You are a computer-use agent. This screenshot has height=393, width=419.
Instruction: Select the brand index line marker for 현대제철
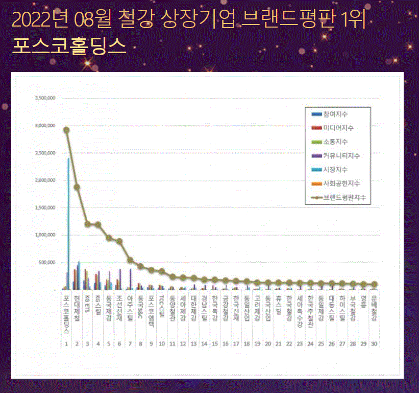pyautogui.click(x=77, y=187)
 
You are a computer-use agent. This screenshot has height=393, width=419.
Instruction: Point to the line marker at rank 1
pyautogui.click(x=66, y=130)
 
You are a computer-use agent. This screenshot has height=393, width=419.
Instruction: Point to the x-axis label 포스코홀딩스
pyautogui.click(x=66, y=314)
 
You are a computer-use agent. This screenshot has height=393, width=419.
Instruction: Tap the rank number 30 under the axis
pyautogui.click(x=374, y=344)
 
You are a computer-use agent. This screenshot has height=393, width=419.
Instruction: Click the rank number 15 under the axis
pyautogui.click(x=215, y=344)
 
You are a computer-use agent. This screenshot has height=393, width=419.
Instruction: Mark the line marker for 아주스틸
pyautogui.click(x=130, y=260)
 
